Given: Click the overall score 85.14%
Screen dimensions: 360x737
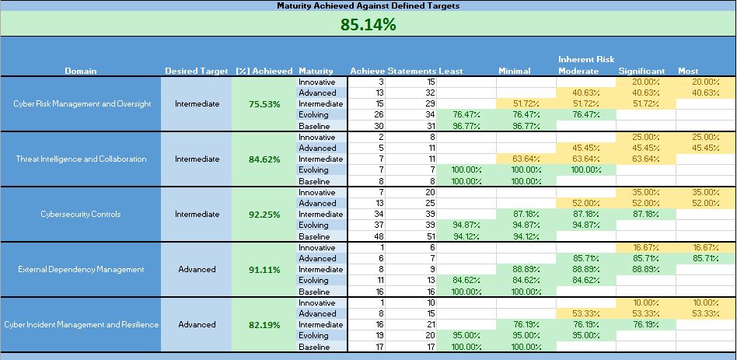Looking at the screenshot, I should pos(368,25).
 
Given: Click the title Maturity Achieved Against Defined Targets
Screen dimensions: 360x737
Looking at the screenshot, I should pos(368,5).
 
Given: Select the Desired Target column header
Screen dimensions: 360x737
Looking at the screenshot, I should pos(196,71).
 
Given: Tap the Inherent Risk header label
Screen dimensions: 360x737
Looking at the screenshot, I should pos(585,59).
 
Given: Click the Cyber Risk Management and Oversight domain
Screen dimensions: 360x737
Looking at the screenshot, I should pos(82,104).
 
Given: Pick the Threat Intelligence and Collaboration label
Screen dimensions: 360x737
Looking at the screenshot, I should pos(82,159).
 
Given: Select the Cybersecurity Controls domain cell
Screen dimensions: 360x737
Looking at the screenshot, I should pos(82,215).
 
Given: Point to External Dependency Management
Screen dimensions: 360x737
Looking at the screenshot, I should pos(82,270).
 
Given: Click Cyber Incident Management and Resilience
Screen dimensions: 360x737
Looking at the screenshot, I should pos(82,325).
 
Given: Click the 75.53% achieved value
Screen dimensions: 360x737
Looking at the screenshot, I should pos(264,104).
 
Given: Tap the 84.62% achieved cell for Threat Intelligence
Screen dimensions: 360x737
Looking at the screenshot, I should pos(264,159).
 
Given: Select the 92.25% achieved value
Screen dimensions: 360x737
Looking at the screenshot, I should pos(264,215).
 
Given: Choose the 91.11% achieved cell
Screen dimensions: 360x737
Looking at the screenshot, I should pos(264,270).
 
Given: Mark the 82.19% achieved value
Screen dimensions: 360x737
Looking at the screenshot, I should pos(264,325).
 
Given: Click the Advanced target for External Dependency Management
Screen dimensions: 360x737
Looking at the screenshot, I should pos(197,270).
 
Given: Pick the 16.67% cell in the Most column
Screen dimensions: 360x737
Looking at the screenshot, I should pos(705,247).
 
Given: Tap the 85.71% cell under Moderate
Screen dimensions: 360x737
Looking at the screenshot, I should pos(585,258).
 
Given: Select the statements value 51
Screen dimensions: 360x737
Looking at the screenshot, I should pos(429,236).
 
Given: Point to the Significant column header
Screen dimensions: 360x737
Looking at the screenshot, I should pos(641,71).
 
